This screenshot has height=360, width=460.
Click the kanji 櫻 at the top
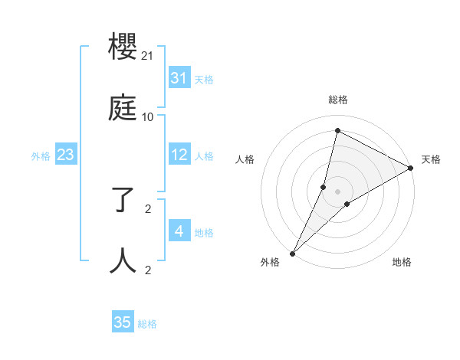click(123, 48)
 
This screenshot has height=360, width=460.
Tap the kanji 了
click(123, 201)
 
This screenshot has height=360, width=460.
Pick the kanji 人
click(123, 261)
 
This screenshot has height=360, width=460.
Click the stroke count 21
click(148, 56)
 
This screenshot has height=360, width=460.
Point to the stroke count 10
click(148, 117)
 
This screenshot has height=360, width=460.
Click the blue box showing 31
click(179, 78)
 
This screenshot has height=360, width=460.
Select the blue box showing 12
click(179, 155)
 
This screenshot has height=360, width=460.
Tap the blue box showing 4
click(179, 231)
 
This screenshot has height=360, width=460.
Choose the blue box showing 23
click(66, 155)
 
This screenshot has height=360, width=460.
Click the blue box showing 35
click(123, 322)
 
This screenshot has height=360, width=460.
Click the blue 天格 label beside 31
click(204, 79)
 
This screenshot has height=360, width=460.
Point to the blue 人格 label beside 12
click(204, 155)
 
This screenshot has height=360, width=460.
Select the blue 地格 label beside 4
click(204, 232)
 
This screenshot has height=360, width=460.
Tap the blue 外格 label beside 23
click(41, 156)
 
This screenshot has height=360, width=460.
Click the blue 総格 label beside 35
click(147, 323)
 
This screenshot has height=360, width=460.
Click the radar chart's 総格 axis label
click(338, 100)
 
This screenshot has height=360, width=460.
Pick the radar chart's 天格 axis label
click(431, 159)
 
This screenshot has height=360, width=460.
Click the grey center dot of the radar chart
click(338, 191)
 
